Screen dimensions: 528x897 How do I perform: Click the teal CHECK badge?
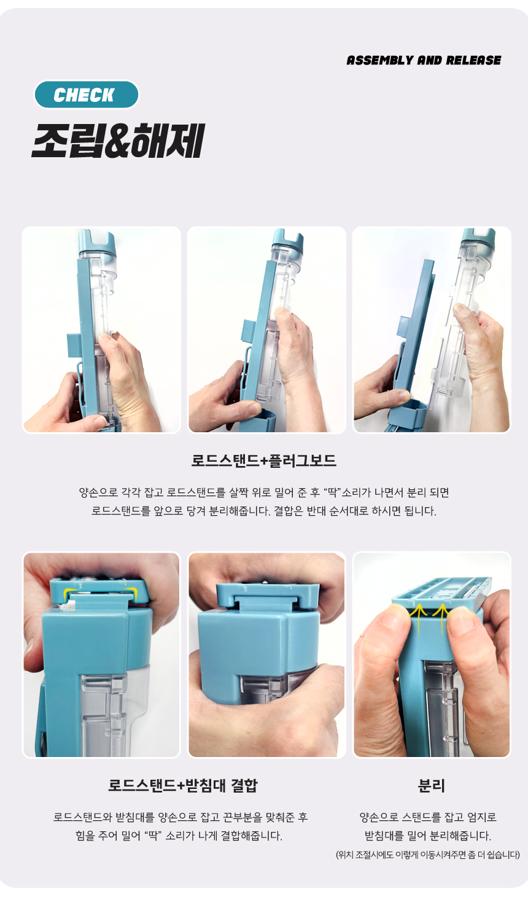point(87,95)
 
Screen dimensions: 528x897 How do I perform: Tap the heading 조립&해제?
point(118,141)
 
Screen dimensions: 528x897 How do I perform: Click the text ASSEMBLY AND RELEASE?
point(424,60)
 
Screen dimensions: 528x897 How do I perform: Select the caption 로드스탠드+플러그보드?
point(264,461)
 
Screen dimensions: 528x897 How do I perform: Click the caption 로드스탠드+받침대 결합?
point(183,786)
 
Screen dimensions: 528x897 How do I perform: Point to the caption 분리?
point(431,786)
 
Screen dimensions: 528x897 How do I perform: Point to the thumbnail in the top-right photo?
point(461,310)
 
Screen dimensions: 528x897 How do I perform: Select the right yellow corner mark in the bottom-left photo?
point(131,591)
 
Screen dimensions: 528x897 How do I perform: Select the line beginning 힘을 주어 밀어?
point(179,836)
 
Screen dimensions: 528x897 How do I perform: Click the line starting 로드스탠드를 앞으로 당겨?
point(264,511)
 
